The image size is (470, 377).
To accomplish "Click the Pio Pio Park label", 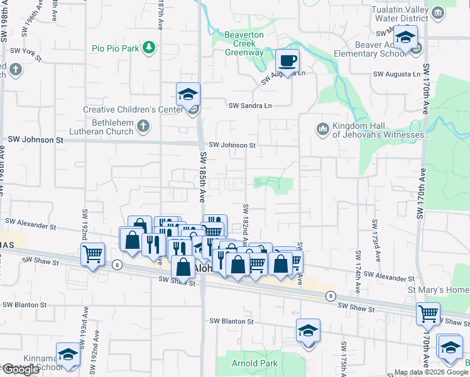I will [114, 48].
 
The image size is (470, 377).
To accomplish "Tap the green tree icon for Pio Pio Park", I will [149, 48].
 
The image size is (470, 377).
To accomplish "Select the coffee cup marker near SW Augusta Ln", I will [287, 61].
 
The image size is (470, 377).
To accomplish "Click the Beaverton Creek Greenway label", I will [244, 43].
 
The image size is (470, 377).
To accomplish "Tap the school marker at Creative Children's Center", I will [188, 95].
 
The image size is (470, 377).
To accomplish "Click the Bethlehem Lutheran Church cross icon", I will [143, 126].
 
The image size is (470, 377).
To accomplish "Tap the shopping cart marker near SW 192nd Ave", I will [92, 254].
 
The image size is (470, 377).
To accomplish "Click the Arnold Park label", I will [256, 363].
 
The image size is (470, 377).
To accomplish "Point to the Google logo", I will [21, 369].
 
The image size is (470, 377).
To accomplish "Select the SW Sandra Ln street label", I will [251, 106].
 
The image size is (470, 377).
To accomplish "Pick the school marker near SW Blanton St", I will [309, 331].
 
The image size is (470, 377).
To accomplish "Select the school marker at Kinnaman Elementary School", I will [68, 354].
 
